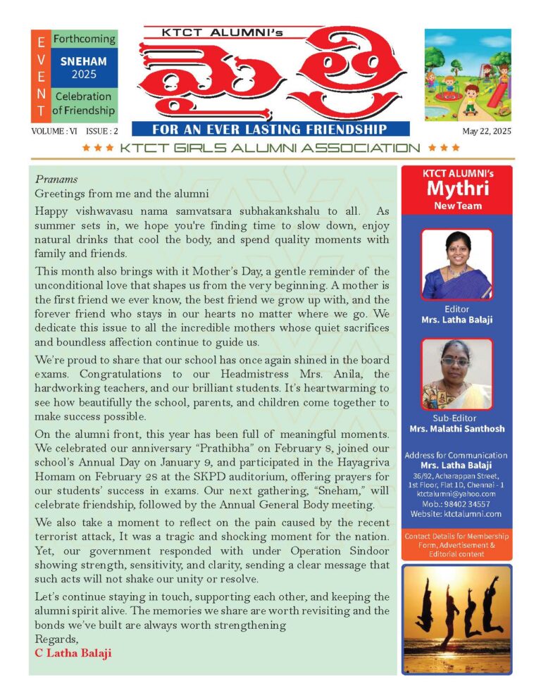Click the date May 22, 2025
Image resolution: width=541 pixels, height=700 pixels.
coord(487,131)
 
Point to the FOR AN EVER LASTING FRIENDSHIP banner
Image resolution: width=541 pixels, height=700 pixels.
coord(270,129)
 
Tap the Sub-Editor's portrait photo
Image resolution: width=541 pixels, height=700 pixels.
coord(456,374)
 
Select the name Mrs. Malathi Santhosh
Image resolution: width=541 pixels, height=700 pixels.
coord(456,429)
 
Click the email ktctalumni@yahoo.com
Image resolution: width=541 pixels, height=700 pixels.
coord(456,494)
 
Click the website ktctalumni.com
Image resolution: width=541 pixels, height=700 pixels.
coord(456,514)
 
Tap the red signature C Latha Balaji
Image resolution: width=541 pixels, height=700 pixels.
coord(73,653)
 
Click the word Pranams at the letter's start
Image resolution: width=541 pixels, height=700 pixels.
coord(56,179)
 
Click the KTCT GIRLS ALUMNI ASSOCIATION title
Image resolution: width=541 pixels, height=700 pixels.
coord(270,148)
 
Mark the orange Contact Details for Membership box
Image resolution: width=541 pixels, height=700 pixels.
coord(456,545)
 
